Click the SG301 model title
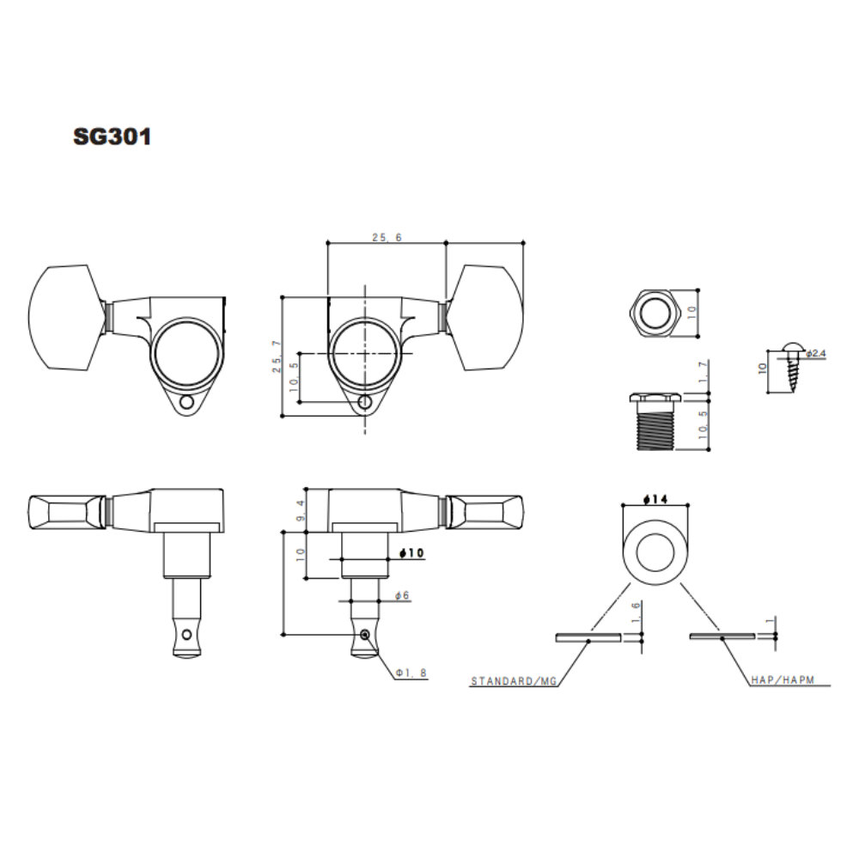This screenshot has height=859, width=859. coord(113,137)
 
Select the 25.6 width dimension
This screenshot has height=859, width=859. coord(387,237)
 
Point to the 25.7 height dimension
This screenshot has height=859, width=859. coord(277,356)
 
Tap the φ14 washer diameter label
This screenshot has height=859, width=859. coord(655,499)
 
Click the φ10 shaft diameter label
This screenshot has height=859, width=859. coord(412,552)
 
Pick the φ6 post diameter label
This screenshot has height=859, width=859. coord(402,595)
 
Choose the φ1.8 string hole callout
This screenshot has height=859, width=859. coord(411,673)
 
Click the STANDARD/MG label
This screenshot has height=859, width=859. coord(514,681)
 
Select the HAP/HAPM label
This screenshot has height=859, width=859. coord(783,679)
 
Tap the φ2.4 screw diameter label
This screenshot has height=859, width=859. coord(816,353)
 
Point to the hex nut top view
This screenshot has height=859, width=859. coord(655,314)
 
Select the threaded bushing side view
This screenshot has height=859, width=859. coord(655,421)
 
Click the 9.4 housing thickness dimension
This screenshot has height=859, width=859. coord(300,509)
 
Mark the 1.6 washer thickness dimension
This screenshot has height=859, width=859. coord(636,612)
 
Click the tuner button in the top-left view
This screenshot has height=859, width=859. coord(66,318)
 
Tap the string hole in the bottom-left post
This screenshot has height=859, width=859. coord(186,635)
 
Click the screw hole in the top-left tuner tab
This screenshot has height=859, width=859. coord(186,403)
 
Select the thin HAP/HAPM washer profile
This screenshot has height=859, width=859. coord(722,637)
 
